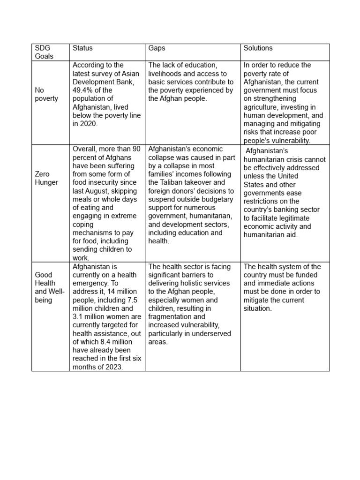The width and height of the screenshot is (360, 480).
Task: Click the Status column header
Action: pos(82,48)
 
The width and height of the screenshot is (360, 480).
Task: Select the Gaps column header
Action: pos(157,48)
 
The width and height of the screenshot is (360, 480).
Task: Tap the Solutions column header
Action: pos(258,48)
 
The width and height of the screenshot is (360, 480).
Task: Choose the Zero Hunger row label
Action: pos(45,178)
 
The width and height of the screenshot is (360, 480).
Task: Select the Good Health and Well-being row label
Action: pos(49,287)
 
